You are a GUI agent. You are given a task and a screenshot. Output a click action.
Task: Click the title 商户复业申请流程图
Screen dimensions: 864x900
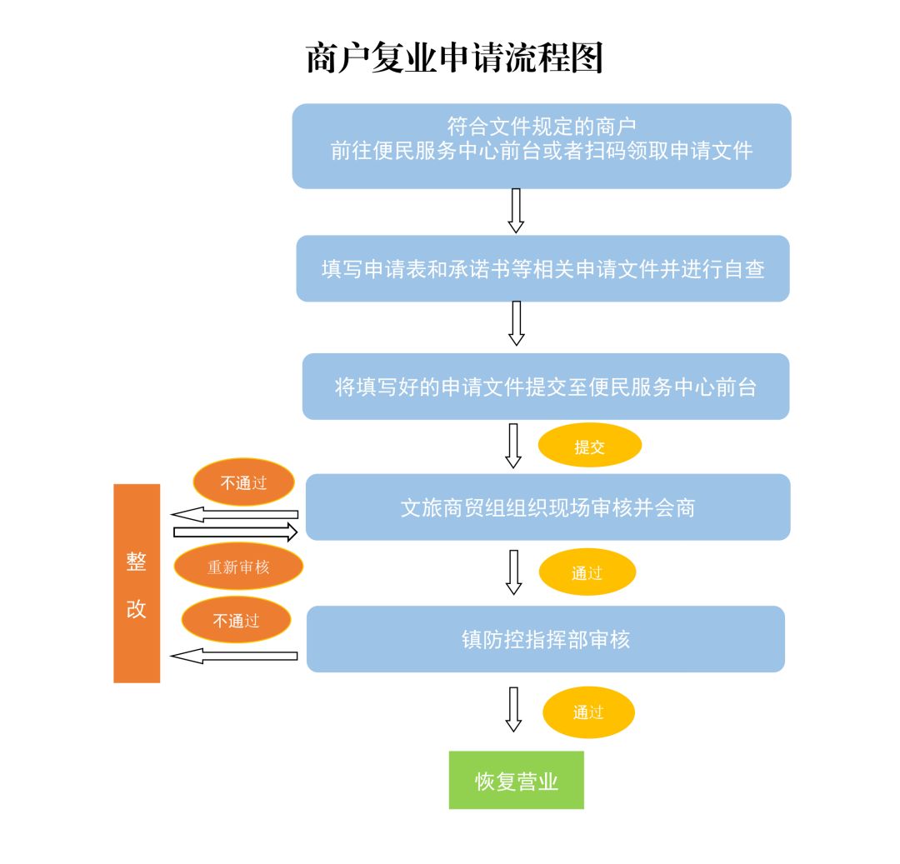click(x=454, y=59)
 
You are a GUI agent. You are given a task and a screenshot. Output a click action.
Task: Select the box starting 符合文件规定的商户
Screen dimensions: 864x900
click(x=542, y=146)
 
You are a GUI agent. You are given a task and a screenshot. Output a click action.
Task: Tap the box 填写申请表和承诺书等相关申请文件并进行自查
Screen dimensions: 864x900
click(x=542, y=268)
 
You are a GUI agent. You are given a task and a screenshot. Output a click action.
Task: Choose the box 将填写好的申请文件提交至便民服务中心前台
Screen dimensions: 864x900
click(x=545, y=387)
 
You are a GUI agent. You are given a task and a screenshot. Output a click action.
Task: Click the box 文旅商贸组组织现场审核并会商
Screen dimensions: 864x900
click(x=547, y=507)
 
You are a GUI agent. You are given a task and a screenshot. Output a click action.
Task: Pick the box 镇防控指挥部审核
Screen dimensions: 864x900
click(x=546, y=639)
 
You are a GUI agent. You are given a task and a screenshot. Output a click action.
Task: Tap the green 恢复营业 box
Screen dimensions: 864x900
click(x=516, y=780)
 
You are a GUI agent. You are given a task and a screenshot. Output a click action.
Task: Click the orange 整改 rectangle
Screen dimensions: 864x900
click(x=137, y=583)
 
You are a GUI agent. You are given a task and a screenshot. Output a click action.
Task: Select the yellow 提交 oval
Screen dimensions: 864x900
click(x=589, y=447)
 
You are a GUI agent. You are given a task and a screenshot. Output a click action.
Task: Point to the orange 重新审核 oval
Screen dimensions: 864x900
click(x=238, y=567)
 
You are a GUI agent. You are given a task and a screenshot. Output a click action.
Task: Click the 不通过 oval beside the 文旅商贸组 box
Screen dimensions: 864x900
click(x=243, y=482)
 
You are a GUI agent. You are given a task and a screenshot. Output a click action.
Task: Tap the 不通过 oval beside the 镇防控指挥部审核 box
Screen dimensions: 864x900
click(x=237, y=620)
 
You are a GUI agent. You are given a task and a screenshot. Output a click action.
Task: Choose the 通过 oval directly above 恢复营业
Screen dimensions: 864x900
click(x=588, y=712)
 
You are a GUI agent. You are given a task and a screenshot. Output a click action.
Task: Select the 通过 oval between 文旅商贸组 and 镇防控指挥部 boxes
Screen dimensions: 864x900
click(x=587, y=572)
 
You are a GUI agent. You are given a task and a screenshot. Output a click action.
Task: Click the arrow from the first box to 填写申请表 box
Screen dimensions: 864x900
click(x=516, y=211)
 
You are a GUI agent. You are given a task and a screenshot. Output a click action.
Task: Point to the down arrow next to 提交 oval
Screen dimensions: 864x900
click(x=513, y=446)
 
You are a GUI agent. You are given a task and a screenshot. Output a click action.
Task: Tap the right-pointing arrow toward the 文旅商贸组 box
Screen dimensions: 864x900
click(x=235, y=531)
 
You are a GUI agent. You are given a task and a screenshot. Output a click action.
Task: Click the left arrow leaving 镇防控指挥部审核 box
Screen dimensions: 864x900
click(x=234, y=656)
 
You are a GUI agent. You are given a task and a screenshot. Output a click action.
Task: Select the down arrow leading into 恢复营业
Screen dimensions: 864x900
click(x=513, y=709)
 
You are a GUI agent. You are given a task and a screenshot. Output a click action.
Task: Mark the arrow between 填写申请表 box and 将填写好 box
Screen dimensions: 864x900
click(x=516, y=323)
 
